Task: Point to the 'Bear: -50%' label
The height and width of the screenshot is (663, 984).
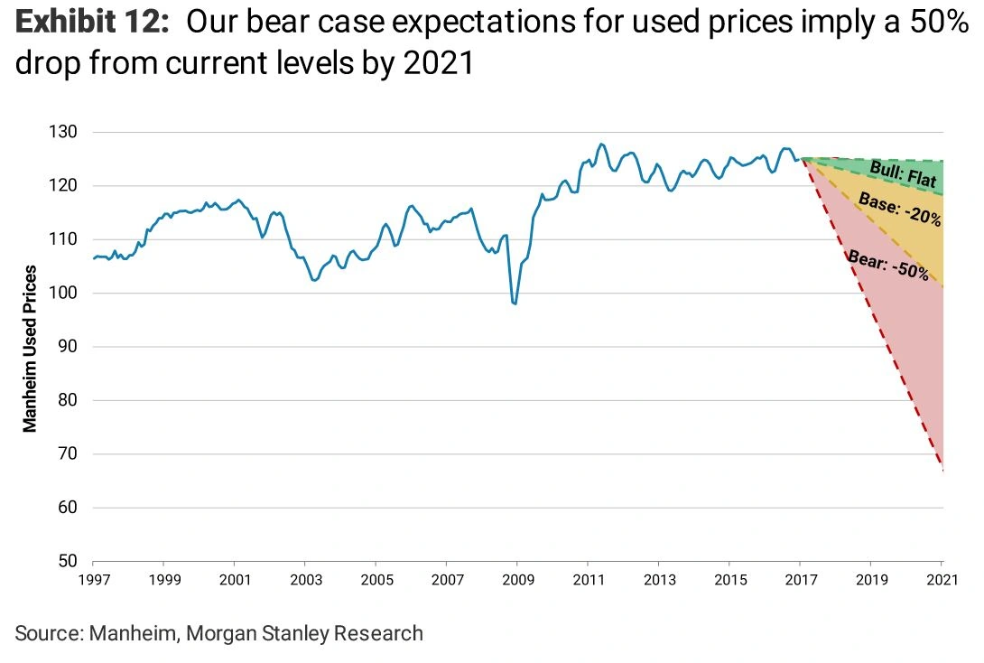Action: click(x=888, y=262)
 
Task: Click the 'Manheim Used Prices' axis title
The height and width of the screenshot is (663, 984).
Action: click(x=31, y=348)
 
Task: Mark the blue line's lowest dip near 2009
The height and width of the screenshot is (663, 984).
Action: click(x=515, y=303)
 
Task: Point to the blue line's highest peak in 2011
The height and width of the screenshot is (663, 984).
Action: click(x=602, y=144)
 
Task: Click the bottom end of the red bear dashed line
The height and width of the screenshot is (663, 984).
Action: click(x=942, y=471)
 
